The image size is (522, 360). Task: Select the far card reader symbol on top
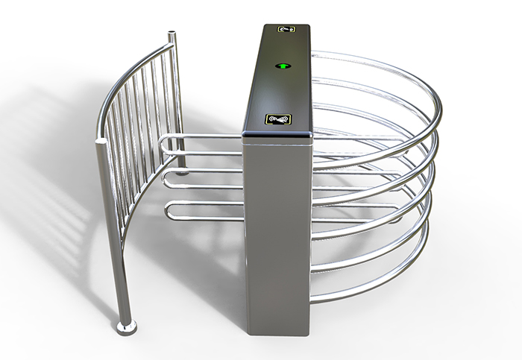click(x=286, y=30)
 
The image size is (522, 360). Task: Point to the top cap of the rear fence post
click(x=173, y=33)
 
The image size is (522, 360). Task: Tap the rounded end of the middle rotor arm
click(x=167, y=179)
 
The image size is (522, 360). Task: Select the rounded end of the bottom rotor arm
click(x=170, y=211)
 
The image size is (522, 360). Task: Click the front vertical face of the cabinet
click(x=276, y=231)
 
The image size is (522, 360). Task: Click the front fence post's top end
click(x=99, y=139)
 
